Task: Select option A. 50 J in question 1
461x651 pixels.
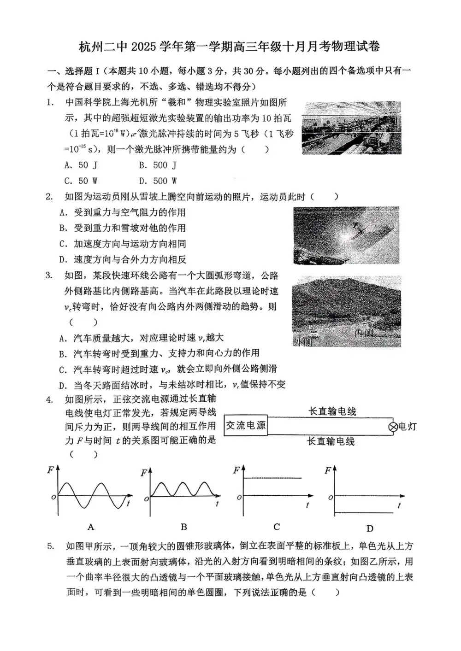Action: (x=81, y=165)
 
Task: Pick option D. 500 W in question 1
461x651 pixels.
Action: (x=158, y=181)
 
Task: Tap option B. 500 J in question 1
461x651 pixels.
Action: (x=158, y=165)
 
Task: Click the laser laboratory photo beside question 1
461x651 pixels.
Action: (x=351, y=127)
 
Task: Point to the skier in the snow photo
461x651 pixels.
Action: (x=357, y=228)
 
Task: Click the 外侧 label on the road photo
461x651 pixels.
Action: (x=302, y=341)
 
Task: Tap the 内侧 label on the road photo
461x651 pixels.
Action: (x=364, y=333)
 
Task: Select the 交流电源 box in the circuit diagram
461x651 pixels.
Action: (x=246, y=425)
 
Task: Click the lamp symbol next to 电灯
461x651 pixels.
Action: (x=393, y=427)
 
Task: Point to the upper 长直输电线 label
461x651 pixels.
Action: (x=332, y=411)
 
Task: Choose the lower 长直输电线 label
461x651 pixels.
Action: (x=331, y=441)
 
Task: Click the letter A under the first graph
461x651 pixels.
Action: (x=91, y=527)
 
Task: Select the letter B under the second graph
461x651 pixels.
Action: (x=183, y=527)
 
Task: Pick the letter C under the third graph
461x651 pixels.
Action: (x=277, y=527)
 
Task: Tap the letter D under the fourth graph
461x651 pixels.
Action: (x=370, y=528)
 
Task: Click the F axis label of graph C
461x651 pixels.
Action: (x=236, y=470)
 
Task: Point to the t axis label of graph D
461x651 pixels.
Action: (x=399, y=505)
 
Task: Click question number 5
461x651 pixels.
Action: (x=51, y=546)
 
